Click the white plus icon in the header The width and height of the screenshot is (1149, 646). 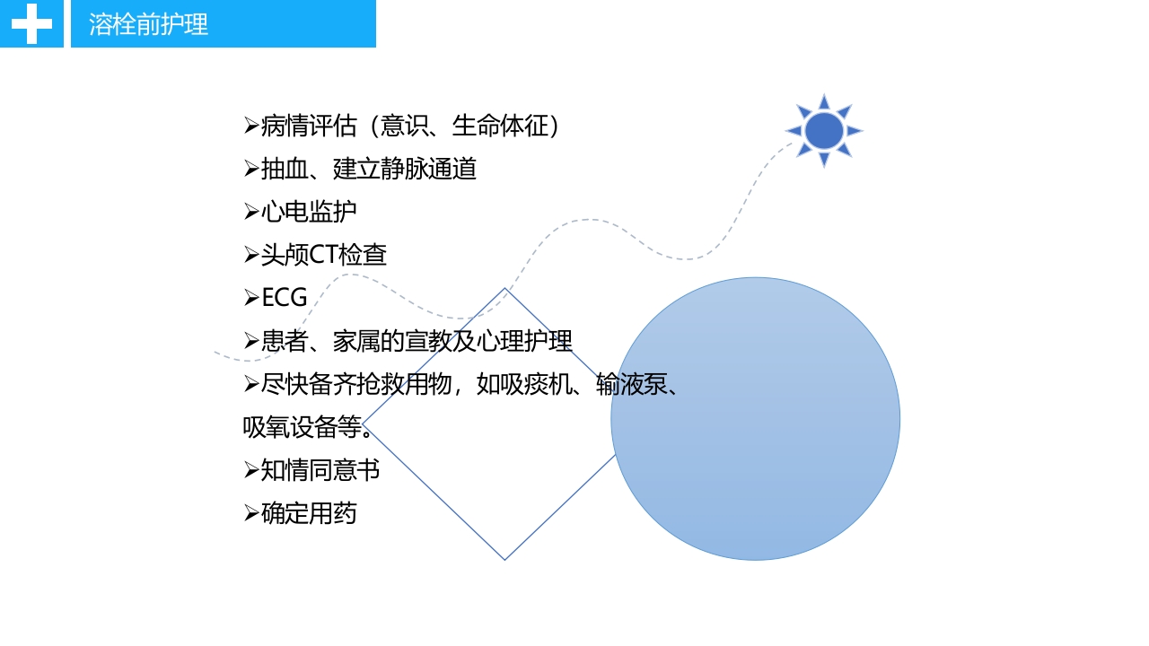point(31,24)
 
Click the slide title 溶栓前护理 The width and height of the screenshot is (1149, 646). point(149,24)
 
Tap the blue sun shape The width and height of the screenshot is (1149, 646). point(824,131)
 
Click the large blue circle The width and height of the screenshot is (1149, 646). point(756,419)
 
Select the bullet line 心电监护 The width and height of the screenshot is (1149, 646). point(308,212)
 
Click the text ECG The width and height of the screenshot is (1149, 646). point(285,298)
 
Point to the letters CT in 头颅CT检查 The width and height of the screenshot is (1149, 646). point(324,255)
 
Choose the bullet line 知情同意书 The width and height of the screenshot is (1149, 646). point(320,470)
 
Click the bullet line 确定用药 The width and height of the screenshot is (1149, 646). point(308,513)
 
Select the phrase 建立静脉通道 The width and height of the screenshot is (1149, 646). point(404,169)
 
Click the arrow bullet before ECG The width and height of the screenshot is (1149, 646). point(251,298)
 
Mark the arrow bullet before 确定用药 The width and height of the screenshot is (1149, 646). point(251,513)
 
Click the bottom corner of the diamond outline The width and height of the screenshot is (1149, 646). point(504,559)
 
